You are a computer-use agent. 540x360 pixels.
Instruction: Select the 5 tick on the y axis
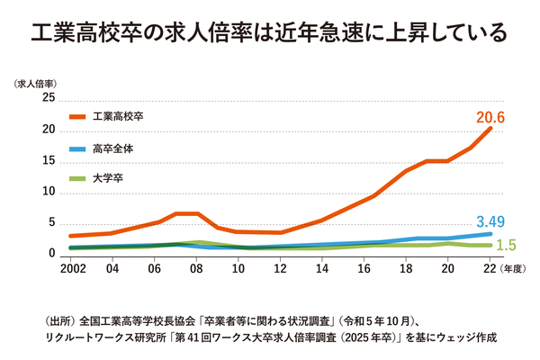point(52,223)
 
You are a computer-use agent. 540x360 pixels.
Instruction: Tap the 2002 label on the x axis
point(74,267)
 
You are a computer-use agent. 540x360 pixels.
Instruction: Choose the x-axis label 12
point(280,267)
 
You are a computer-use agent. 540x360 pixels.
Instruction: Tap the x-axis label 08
point(196,267)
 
